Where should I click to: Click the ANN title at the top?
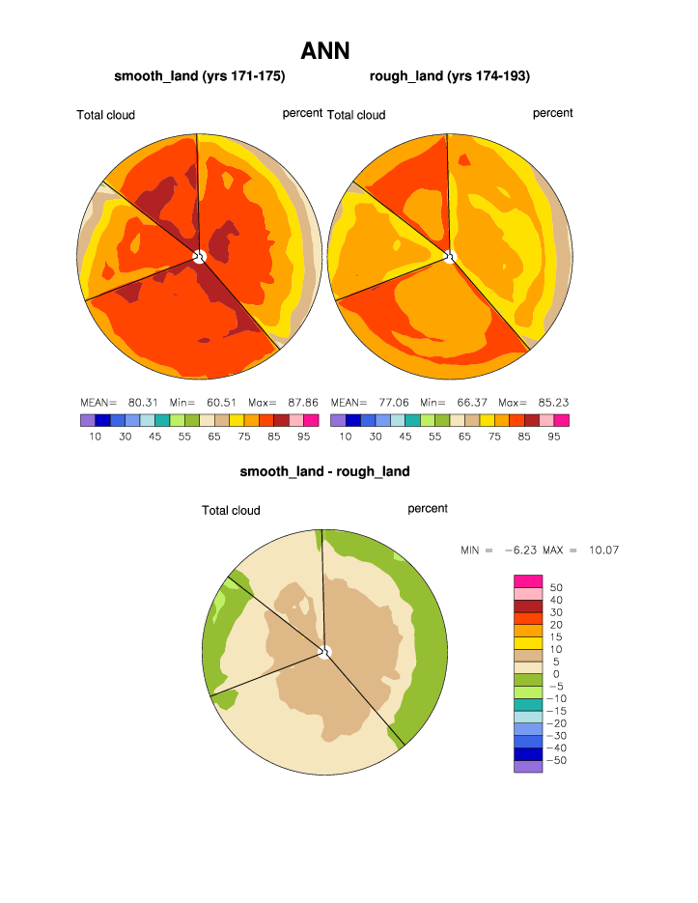click(325, 50)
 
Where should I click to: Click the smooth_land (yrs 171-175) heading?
click(200, 75)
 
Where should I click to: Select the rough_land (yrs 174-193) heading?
click(450, 75)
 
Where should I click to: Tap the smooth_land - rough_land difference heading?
click(324, 471)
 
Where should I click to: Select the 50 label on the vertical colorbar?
click(555, 587)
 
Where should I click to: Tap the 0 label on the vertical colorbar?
click(555, 674)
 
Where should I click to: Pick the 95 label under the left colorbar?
click(304, 437)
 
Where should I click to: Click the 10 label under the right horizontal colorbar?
click(346, 437)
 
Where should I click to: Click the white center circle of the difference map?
click(325, 652)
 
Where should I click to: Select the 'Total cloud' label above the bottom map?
click(231, 510)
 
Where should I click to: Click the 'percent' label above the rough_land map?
click(552, 113)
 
